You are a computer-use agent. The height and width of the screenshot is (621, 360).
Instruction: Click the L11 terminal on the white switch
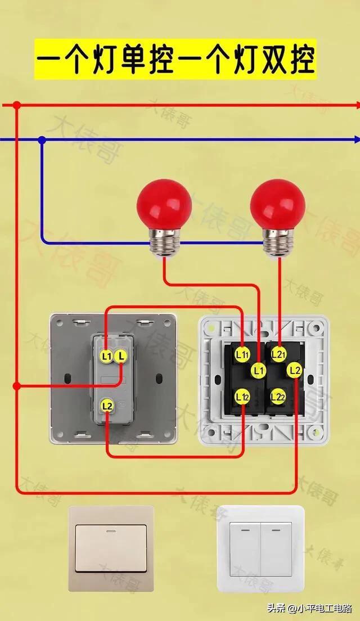point(242,354)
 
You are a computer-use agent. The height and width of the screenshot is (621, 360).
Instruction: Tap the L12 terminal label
point(242,397)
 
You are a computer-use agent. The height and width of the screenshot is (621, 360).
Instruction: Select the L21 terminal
point(279,354)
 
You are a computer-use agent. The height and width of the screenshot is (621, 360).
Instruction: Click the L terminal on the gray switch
point(121,355)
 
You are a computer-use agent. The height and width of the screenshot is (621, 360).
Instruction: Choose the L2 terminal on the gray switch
point(107,405)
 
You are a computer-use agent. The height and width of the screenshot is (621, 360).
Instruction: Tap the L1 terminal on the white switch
point(259,370)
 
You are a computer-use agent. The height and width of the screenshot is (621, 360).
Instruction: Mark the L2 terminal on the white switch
point(295,370)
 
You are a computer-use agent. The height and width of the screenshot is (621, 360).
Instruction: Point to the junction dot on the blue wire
point(42,139)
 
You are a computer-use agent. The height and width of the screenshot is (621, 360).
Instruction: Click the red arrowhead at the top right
point(356,105)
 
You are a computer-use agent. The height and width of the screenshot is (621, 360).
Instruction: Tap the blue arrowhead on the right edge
point(356,139)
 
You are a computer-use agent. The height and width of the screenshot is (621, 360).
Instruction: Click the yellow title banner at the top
point(175,59)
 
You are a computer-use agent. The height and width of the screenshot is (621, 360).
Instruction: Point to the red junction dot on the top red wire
point(17,105)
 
